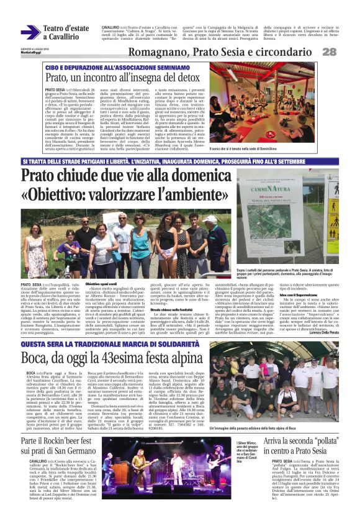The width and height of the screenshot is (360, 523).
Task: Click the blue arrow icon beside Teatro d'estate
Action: pyautogui.click(x=29, y=32)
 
